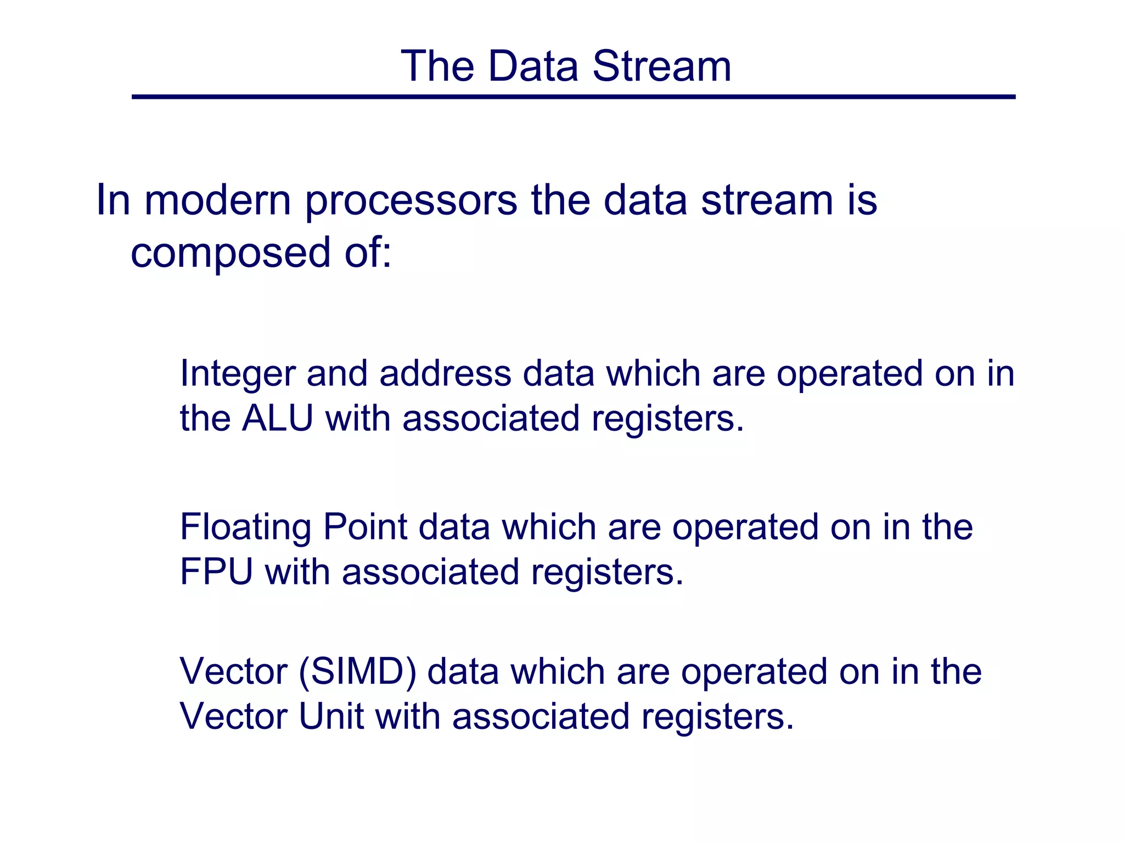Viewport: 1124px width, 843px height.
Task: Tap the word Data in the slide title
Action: (x=533, y=66)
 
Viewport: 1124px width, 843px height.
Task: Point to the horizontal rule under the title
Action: (x=573, y=97)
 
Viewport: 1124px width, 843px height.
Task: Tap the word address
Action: (x=445, y=373)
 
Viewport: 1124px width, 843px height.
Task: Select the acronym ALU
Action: (x=278, y=418)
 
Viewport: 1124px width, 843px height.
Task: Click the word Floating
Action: (x=245, y=528)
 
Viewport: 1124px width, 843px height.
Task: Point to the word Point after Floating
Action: (x=365, y=527)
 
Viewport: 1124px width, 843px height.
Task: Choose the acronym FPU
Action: (x=216, y=572)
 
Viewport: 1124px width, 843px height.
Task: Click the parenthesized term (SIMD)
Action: (x=357, y=672)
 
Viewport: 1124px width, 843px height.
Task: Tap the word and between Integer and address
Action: (x=337, y=373)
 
